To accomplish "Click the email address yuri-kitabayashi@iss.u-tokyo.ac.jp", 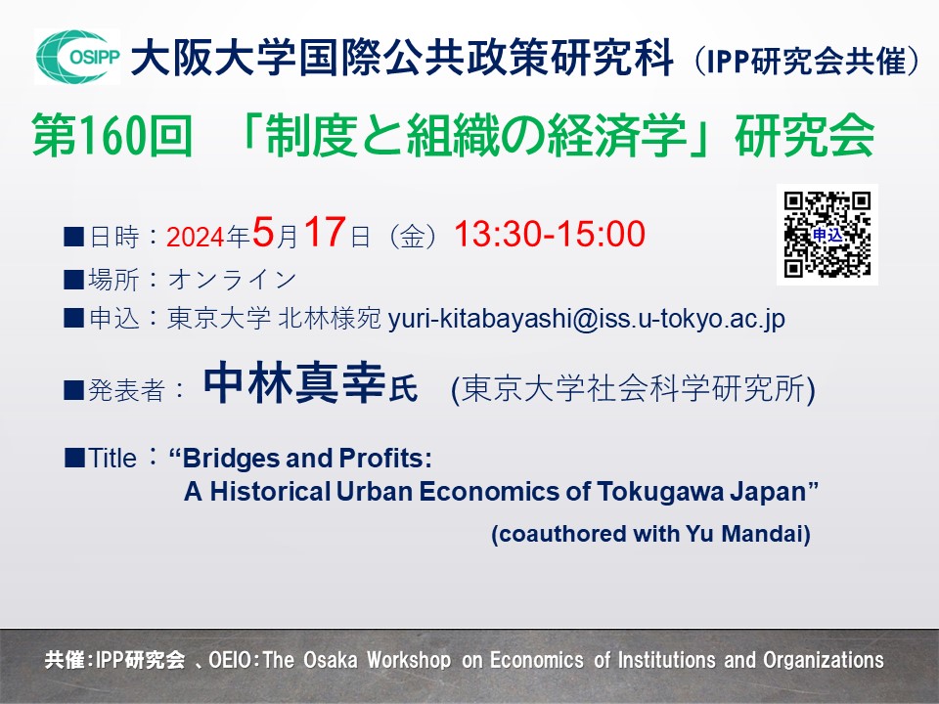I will tap(587, 320).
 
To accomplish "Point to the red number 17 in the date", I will tap(324, 233).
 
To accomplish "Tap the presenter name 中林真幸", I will tap(296, 387).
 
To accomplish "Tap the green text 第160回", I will tap(112, 138).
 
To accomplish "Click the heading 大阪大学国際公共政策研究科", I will tap(402, 59).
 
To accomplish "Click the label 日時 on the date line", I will tap(112, 237).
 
